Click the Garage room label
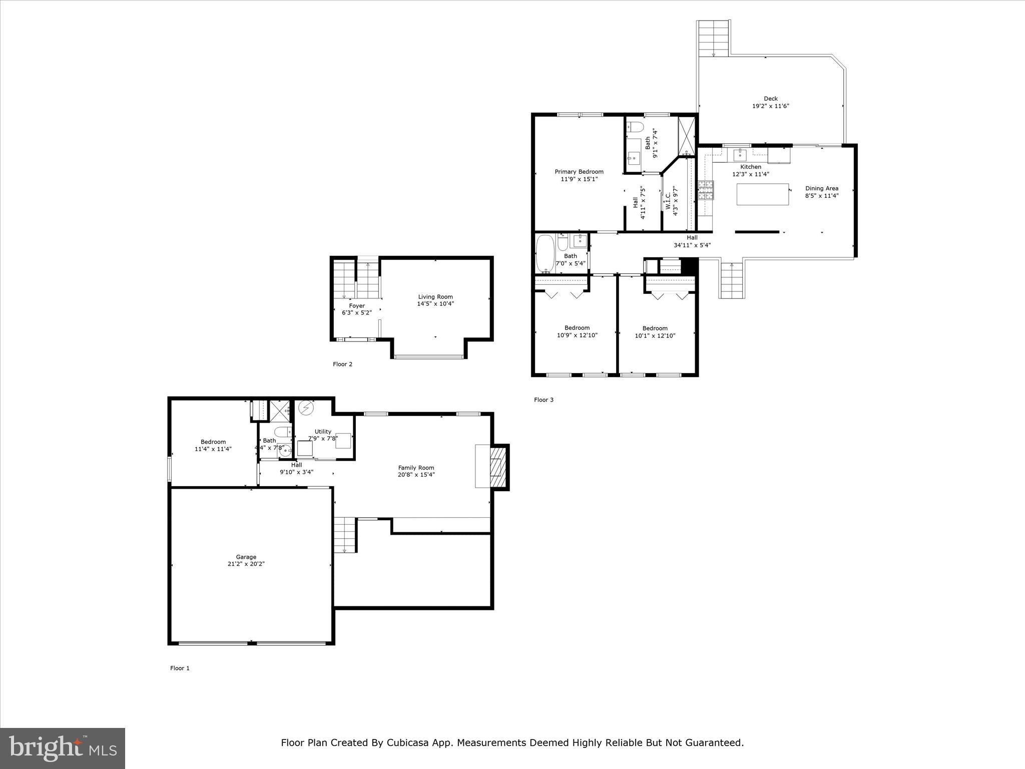(246, 557)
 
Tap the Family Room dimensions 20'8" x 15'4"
(416, 475)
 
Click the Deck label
(771, 99)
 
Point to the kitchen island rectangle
(762, 194)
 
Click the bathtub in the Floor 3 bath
(545, 254)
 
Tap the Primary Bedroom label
(579, 172)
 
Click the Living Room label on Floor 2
(435, 297)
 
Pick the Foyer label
(357, 306)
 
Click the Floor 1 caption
(180, 668)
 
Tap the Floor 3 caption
(544, 400)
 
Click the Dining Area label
(821, 189)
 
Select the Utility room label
(323, 432)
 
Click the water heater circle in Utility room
(305, 408)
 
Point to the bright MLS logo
(63, 748)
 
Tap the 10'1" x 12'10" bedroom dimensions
(655, 336)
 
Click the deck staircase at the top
(714, 38)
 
